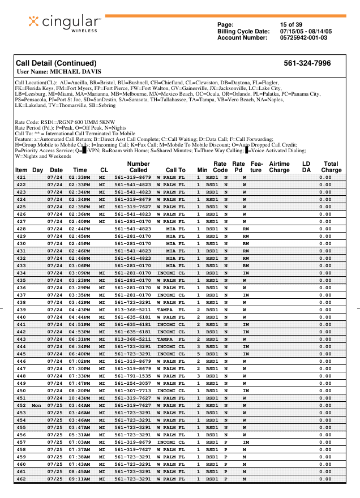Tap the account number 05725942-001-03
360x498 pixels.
tap(303, 37)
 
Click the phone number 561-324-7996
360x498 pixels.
tap(307, 63)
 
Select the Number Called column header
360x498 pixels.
tap(138, 166)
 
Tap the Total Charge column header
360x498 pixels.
tap(331, 166)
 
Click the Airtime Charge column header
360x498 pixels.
tap(279, 166)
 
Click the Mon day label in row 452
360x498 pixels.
tap(37, 406)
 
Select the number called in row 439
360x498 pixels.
tap(132, 310)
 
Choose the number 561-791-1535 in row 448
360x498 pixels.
tap(132, 376)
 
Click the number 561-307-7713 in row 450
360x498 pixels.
tap(132, 391)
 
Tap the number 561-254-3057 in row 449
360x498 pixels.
tap(132, 384)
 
